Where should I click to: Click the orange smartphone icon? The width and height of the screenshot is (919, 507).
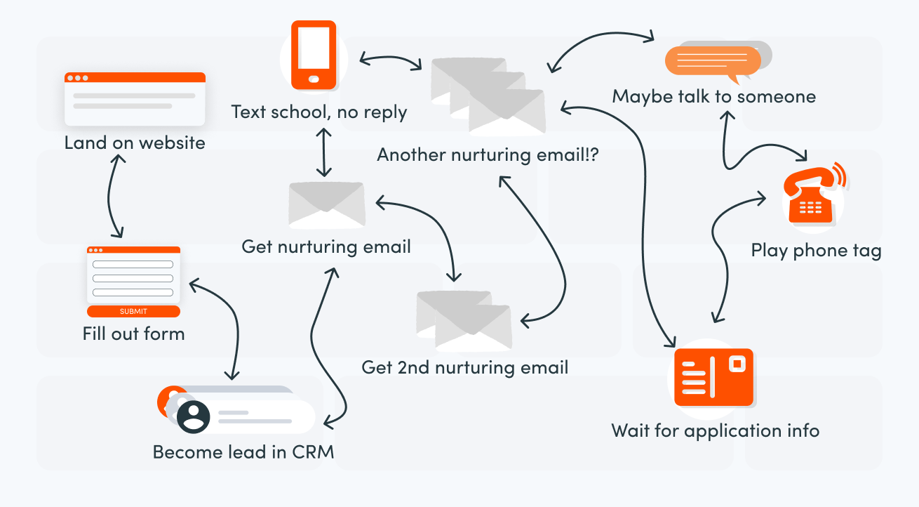click(314, 55)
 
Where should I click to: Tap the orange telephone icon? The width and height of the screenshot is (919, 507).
click(811, 199)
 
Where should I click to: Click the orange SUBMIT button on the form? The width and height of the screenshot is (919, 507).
click(133, 311)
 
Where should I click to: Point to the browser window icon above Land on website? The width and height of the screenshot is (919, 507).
click(135, 98)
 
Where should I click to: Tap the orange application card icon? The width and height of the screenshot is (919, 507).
click(713, 377)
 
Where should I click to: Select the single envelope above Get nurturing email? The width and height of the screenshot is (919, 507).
click(327, 205)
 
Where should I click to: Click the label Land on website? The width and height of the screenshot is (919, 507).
click(135, 143)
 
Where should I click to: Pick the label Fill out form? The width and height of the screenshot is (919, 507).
click(133, 334)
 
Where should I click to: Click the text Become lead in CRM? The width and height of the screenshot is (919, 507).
click(243, 452)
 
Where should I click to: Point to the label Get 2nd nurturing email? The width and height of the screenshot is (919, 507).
click(464, 367)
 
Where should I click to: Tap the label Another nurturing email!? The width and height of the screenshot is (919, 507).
click(488, 154)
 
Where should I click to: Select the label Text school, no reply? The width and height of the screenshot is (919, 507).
click(319, 112)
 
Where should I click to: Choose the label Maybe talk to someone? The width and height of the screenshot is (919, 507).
click(714, 96)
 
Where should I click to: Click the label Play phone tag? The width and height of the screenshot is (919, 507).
click(816, 251)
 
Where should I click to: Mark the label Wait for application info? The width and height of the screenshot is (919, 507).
click(715, 430)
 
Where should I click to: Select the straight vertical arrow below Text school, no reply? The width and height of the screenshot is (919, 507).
click(323, 152)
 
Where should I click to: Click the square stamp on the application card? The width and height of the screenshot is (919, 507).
click(736, 364)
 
